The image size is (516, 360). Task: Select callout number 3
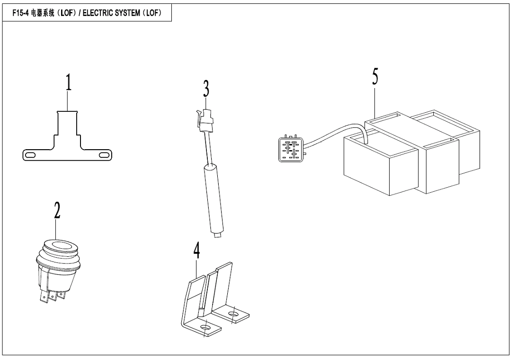206,89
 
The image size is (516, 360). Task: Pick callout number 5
375,77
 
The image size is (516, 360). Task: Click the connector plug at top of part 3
205,120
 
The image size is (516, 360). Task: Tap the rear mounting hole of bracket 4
232,314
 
